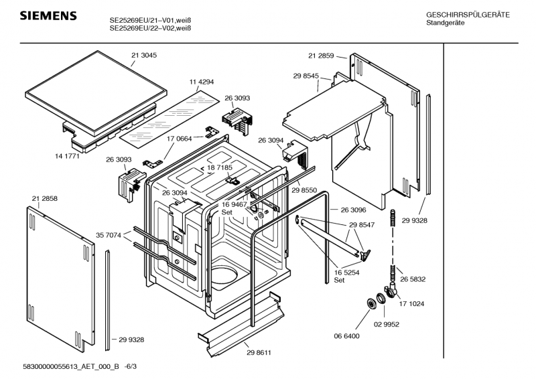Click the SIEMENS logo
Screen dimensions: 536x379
[48, 15]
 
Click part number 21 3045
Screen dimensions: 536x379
[144, 56]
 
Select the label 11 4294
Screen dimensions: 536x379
[202, 82]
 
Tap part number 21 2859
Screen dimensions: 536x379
[321, 56]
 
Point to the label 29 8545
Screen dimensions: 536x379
[306, 76]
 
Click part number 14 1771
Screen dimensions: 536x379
[67, 156]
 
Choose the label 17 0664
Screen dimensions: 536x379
[179, 139]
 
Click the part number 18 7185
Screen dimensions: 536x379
[220, 167]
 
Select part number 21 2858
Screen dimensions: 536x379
[45, 199]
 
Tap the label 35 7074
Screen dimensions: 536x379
[109, 235]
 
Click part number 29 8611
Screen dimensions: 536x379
[259, 353]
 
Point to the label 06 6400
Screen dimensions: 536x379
[346, 336]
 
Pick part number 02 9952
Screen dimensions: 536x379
[387, 324]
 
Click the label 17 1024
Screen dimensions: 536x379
[411, 304]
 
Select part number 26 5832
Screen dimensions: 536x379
[413, 279]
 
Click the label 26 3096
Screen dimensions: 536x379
[353, 210]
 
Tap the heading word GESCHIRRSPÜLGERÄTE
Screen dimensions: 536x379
[468, 15]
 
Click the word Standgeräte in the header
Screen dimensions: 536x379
[445, 23]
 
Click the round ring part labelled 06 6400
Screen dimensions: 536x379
[371, 303]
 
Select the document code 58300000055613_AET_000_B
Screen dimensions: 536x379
[71, 367]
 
